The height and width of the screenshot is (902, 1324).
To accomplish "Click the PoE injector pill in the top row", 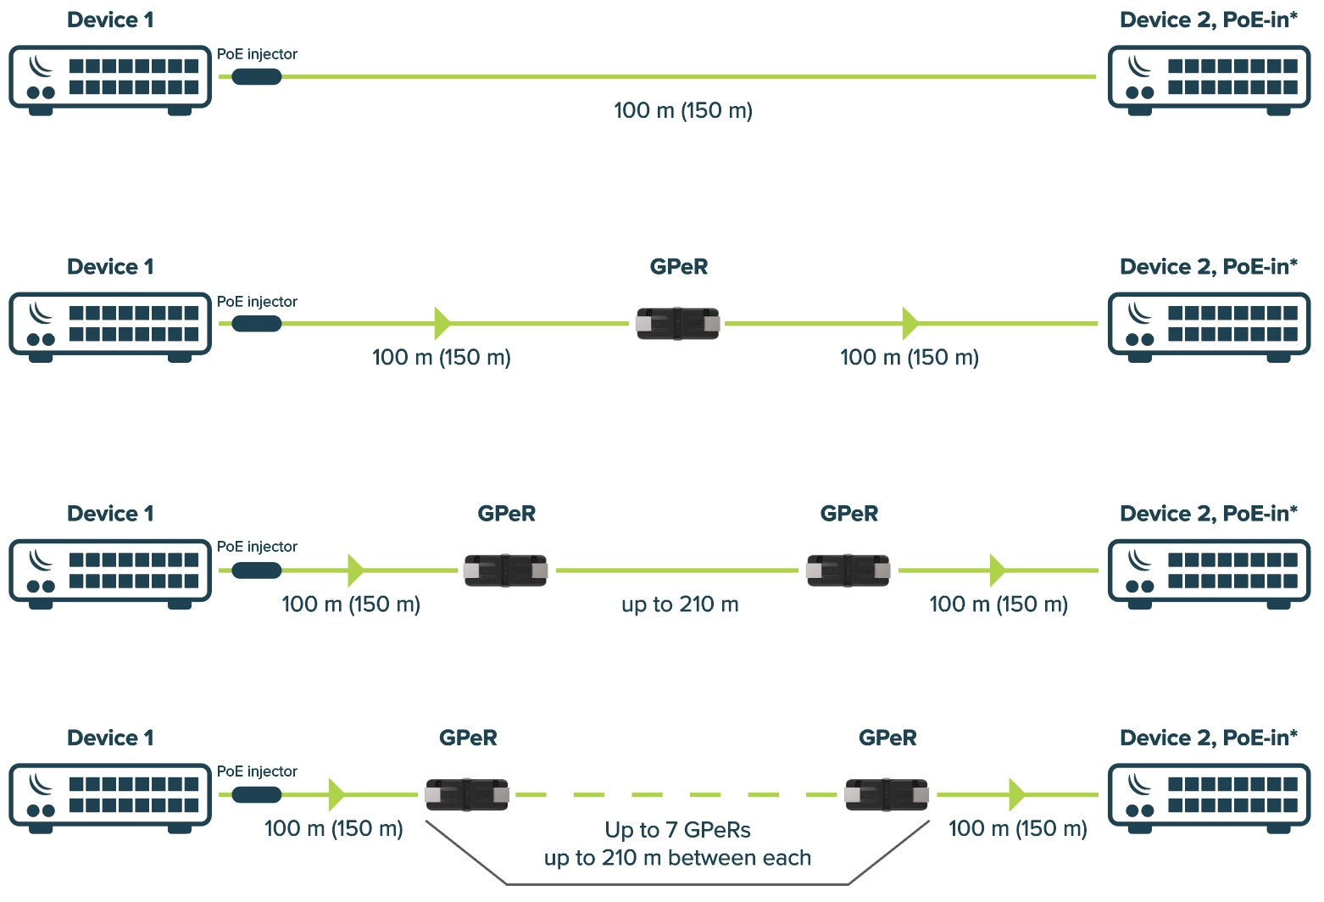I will (x=256, y=77).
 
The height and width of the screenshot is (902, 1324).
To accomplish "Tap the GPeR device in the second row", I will (x=678, y=324).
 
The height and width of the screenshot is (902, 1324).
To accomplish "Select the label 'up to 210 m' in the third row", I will (x=680, y=604).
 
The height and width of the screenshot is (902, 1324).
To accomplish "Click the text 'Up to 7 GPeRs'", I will (x=677, y=830).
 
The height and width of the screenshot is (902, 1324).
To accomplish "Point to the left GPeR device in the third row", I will (x=505, y=571).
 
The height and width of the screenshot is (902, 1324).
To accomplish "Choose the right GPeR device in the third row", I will (x=848, y=571).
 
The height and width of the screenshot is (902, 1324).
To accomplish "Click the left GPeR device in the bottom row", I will (x=467, y=795).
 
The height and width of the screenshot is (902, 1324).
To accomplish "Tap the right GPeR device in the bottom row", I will (x=887, y=795).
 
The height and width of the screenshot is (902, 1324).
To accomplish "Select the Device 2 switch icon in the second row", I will (x=1210, y=326).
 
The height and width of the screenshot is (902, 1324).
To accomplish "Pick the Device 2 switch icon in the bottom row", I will (x=1210, y=798).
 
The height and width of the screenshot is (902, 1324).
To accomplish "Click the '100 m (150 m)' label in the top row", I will (x=683, y=110).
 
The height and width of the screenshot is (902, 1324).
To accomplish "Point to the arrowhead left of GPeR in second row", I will (x=442, y=323).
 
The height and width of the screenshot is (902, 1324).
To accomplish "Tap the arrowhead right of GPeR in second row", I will (x=910, y=323).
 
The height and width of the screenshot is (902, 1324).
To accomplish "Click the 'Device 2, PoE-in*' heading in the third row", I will (x=1209, y=514).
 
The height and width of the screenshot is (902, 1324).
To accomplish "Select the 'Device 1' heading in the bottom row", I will (x=110, y=738).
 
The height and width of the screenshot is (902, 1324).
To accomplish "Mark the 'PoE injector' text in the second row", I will (x=257, y=302).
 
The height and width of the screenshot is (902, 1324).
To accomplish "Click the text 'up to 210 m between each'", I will (x=677, y=858).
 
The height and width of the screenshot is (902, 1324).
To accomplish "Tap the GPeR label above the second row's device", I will (x=678, y=267).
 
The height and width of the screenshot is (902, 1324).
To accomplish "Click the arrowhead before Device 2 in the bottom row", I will (x=1016, y=794).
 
